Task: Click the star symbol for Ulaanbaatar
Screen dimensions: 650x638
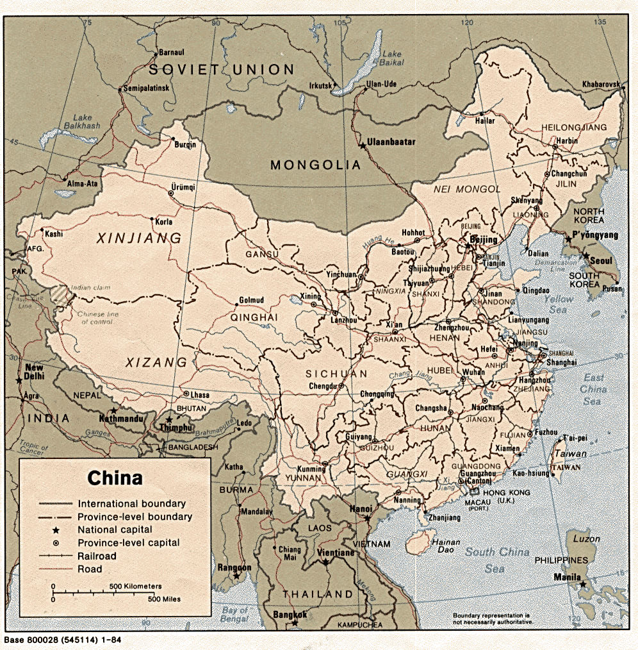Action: click(363, 146)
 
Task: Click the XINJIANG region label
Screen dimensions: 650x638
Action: click(139, 238)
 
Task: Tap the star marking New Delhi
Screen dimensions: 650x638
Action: click(19, 381)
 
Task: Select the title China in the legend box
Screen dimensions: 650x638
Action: click(115, 478)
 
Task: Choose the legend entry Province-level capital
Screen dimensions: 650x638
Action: click(129, 543)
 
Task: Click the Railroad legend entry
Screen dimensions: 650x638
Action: click(97, 556)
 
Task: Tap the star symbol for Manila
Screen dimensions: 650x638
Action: click(582, 584)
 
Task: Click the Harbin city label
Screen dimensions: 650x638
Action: click(567, 141)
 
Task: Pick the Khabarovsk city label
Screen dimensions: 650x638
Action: click(601, 85)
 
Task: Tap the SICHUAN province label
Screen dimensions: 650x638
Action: click(336, 374)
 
